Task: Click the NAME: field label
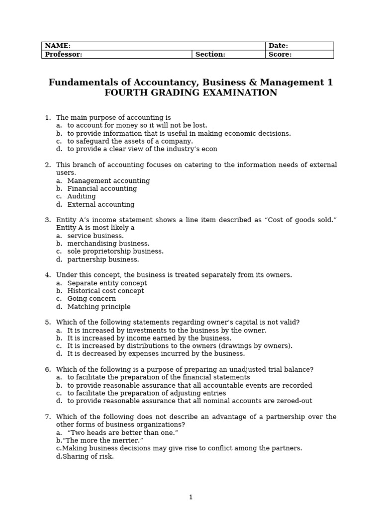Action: point(58,46)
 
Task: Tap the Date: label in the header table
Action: point(278,46)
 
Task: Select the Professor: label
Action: point(63,55)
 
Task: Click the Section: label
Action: point(210,55)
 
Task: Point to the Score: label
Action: point(280,55)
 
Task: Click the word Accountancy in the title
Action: point(148,83)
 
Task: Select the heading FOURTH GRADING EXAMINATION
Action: point(191,93)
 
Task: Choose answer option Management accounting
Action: point(108,181)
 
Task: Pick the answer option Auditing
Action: point(82,196)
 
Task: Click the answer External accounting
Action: point(101,204)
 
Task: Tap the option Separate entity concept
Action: point(107,283)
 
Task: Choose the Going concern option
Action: point(92,299)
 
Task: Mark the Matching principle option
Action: point(99,307)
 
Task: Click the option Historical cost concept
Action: point(105,291)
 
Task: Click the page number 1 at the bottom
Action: point(191,497)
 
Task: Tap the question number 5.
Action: point(48,322)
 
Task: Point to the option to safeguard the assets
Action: point(130,141)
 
